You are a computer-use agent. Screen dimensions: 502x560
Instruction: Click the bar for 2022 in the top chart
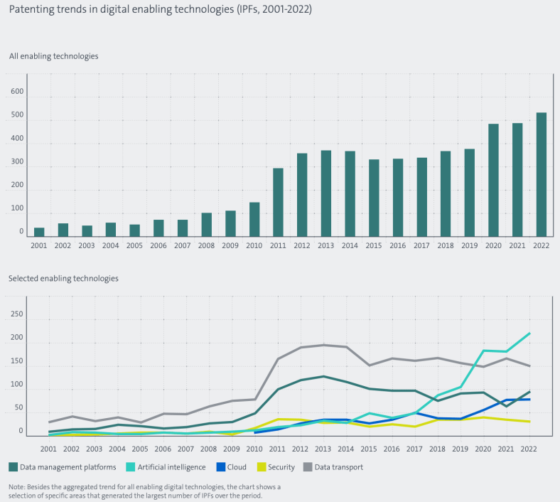[x=542, y=174]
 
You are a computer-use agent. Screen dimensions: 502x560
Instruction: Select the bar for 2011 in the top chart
[x=278, y=202]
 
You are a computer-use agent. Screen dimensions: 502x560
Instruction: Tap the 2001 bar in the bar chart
[x=39, y=232]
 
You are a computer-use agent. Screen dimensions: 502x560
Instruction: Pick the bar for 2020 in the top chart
[x=493, y=180]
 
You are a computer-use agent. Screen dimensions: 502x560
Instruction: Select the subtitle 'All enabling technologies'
[x=53, y=55]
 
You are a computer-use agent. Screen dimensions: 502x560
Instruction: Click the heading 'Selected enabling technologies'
[x=63, y=278]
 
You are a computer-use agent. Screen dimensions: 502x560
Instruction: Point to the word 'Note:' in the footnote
[x=18, y=486]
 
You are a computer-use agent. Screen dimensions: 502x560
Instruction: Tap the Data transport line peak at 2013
[x=323, y=346]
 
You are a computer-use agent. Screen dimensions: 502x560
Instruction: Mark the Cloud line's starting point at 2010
[x=255, y=432]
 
